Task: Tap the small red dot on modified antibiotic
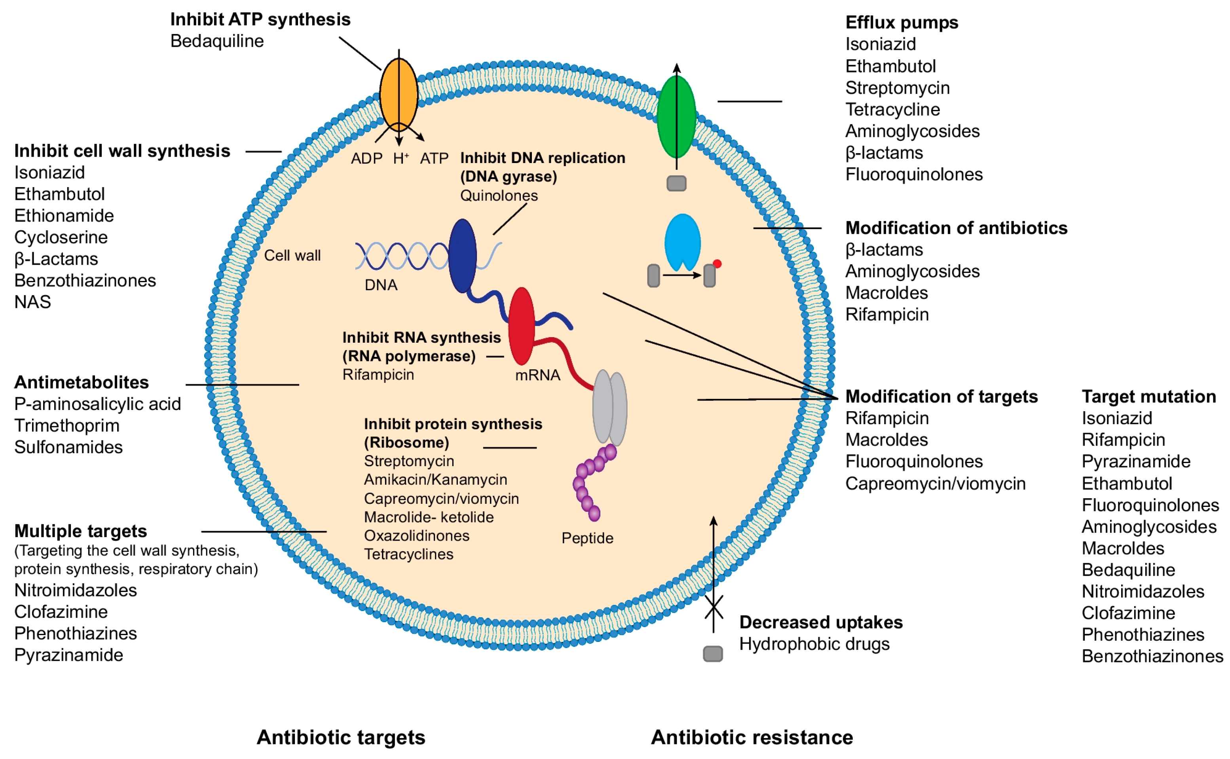717,264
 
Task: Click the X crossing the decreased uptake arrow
713,607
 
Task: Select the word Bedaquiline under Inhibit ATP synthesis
217,41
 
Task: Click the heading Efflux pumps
901,23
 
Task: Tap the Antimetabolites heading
82,383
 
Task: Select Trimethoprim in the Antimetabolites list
67,426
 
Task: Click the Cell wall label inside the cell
292,256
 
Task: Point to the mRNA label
537,375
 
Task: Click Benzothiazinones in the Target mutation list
1152,656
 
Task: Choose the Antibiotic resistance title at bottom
752,737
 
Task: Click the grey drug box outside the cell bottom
712,654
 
